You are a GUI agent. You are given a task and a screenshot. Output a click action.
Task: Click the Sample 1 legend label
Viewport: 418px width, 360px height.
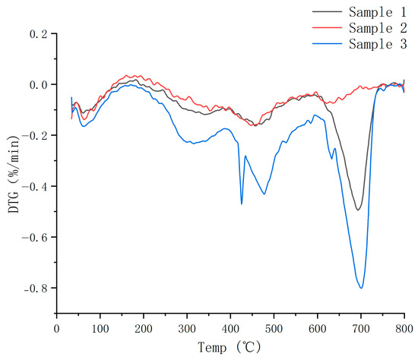click(378, 12)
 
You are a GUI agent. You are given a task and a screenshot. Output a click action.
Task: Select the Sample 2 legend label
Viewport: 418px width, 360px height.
click(378, 28)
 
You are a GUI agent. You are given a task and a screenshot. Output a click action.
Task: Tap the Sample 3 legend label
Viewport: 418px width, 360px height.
click(378, 44)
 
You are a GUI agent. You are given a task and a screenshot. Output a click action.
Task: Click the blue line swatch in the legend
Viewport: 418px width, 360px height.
click(327, 43)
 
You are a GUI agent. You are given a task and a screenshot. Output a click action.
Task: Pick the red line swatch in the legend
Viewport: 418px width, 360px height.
click(327, 27)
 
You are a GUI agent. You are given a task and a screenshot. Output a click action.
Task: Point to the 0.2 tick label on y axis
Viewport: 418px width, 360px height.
click(39, 34)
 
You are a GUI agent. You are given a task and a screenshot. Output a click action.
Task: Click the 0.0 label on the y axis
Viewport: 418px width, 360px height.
click(39, 85)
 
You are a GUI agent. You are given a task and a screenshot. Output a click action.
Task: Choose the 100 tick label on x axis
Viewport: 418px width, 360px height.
click(100, 329)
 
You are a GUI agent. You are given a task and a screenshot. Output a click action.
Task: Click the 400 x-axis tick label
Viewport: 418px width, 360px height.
click(230, 329)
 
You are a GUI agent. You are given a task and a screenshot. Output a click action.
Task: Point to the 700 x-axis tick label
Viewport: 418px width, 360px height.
click(361, 329)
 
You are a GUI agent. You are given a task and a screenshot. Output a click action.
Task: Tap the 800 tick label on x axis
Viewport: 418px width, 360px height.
click(404, 329)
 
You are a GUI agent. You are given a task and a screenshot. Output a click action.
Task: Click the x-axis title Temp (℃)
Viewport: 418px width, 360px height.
click(230, 347)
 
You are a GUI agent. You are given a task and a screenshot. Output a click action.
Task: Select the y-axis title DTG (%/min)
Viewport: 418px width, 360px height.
click(14, 174)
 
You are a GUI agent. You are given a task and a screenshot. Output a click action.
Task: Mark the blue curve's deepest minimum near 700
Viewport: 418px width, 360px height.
click(361, 288)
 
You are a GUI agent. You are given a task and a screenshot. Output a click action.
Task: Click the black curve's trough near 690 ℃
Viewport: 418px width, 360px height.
click(358, 210)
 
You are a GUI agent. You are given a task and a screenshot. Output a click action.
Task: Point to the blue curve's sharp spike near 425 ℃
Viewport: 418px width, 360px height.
click(242, 204)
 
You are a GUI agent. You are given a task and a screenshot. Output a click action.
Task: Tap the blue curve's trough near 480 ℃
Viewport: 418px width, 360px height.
click(264, 194)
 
